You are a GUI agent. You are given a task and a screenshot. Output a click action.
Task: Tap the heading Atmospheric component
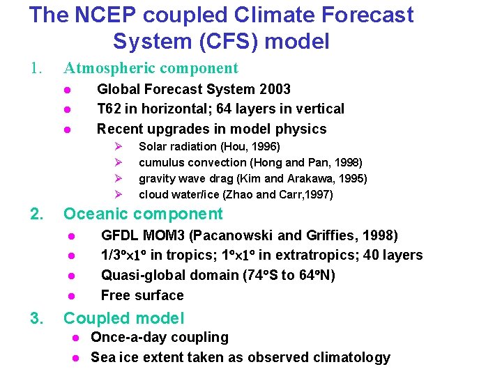[151, 68]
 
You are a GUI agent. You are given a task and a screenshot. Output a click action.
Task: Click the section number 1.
[36, 68]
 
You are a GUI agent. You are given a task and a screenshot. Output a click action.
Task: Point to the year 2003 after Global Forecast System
[273, 89]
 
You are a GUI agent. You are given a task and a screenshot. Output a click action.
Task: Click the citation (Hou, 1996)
[250, 147]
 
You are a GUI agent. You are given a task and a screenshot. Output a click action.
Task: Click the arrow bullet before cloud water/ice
[119, 194]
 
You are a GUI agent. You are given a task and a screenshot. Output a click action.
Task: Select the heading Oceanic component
[143, 214]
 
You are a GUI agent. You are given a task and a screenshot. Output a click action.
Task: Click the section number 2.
[36, 214]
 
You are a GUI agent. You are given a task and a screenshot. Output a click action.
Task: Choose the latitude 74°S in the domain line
[259, 275]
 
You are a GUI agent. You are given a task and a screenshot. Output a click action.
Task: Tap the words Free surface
[142, 295]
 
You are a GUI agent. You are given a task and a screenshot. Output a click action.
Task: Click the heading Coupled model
[123, 319]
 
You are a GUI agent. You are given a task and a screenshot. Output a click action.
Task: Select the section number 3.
[36, 319]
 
